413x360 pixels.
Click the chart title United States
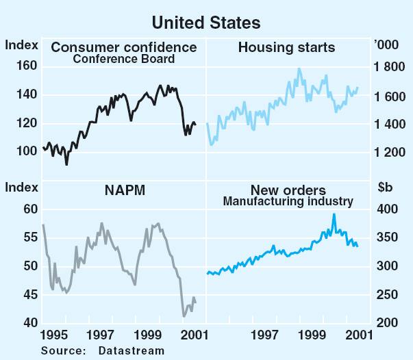tap(206, 23)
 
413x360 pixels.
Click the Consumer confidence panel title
tap(124, 47)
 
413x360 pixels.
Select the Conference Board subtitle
tap(124, 59)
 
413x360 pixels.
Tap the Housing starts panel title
tap(286, 47)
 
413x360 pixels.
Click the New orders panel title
tap(287, 190)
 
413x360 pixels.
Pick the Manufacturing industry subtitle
tap(288, 201)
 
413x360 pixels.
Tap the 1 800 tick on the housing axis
tap(390, 67)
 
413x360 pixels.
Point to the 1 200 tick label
tap(390, 152)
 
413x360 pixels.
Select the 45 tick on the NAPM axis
tap(29, 294)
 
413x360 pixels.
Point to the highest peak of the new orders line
tap(334, 214)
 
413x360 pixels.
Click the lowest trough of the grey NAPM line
tap(184, 316)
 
